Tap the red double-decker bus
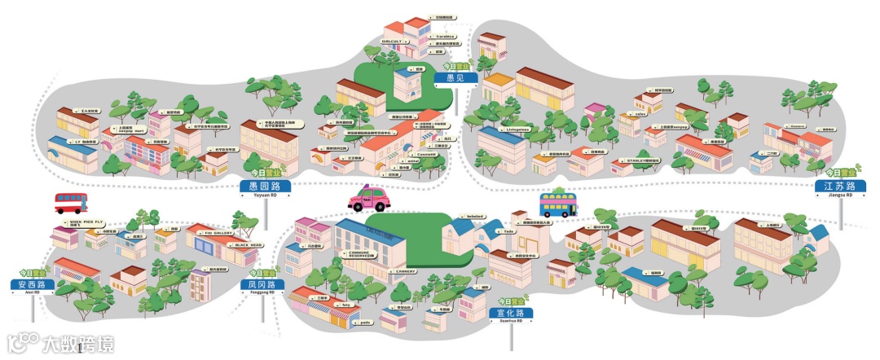click(x=71, y=202)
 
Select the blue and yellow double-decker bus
click(x=558, y=204)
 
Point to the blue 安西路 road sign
click(x=33, y=284)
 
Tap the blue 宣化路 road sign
click(x=511, y=312)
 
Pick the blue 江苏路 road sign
click(x=839, y=187)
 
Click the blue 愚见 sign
click(x=455, y=78)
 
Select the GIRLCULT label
click(x=394, y=38)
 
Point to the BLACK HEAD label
click(x=249, y=244)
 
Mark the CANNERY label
click(x=406, y=271)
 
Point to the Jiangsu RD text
click(x=839, y=196)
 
